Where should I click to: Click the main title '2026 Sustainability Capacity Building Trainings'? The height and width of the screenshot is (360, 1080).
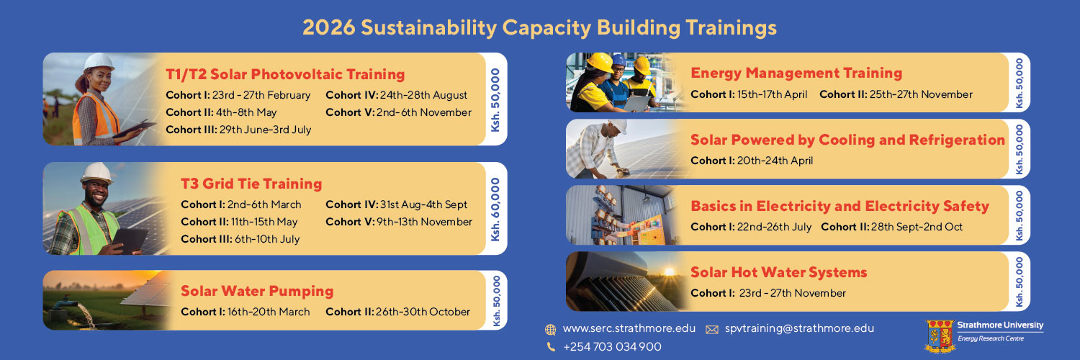pos(539,28)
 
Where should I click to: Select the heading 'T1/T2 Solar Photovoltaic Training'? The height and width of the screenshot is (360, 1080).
pos(285,74)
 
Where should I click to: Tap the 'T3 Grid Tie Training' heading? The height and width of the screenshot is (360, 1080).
pos(251,184)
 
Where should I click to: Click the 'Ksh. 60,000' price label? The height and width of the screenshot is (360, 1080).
pos(495,209)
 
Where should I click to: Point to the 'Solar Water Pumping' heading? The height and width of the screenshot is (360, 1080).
pos(257,291)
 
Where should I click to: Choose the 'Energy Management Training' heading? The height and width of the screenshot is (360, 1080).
pos(796,73)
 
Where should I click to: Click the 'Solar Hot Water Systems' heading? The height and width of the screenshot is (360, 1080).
pos(778,272)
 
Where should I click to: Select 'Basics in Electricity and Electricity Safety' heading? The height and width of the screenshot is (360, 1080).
pos(840,206)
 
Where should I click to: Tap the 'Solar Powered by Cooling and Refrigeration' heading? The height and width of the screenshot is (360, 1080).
pos(847,140)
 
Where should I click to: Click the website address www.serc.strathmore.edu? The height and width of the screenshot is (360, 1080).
pos(629,328)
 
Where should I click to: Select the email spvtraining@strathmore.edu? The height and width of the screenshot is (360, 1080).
pos(799,328)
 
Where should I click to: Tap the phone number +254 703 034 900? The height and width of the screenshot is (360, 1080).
pos(612,347)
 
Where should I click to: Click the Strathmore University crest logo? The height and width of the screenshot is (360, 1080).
pos(939,336)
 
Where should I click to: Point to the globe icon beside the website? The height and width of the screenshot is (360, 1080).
pos(551,329)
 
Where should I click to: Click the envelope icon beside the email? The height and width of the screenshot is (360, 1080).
pos(712,329)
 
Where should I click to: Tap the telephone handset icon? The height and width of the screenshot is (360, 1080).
pos(551,347)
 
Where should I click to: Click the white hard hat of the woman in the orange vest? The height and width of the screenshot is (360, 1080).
pos(99,63)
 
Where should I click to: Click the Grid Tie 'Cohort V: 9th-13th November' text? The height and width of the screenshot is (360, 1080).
pos(399,222)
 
